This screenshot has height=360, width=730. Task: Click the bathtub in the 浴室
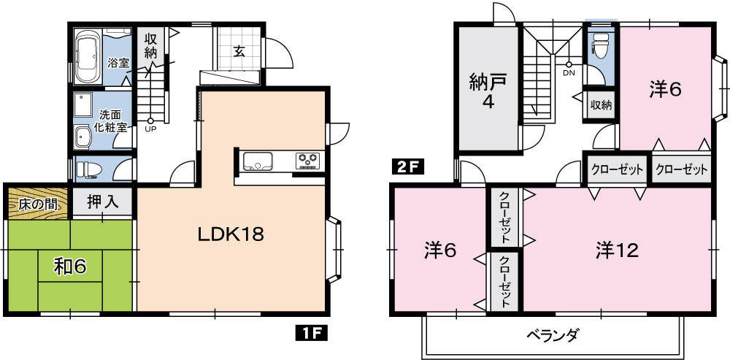click(88, 56)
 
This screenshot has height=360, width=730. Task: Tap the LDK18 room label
click(231, 234)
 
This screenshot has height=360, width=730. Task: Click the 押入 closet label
click(102, 202)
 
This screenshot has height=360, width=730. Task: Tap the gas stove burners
click(309, 161)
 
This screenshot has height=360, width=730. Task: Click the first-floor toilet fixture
click(88, 169)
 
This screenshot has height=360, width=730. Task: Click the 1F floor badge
click(311, 334)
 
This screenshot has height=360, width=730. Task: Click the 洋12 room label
click(616, 251)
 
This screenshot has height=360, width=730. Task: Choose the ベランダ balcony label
click(553, 334)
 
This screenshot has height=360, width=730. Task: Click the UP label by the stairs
click(150, 129)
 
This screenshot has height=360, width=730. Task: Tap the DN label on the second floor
click(569, 72)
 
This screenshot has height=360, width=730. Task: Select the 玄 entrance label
click(239, 52)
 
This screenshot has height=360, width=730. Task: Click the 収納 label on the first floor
click(150, 46)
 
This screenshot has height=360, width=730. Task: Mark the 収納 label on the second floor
click(601, 105)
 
